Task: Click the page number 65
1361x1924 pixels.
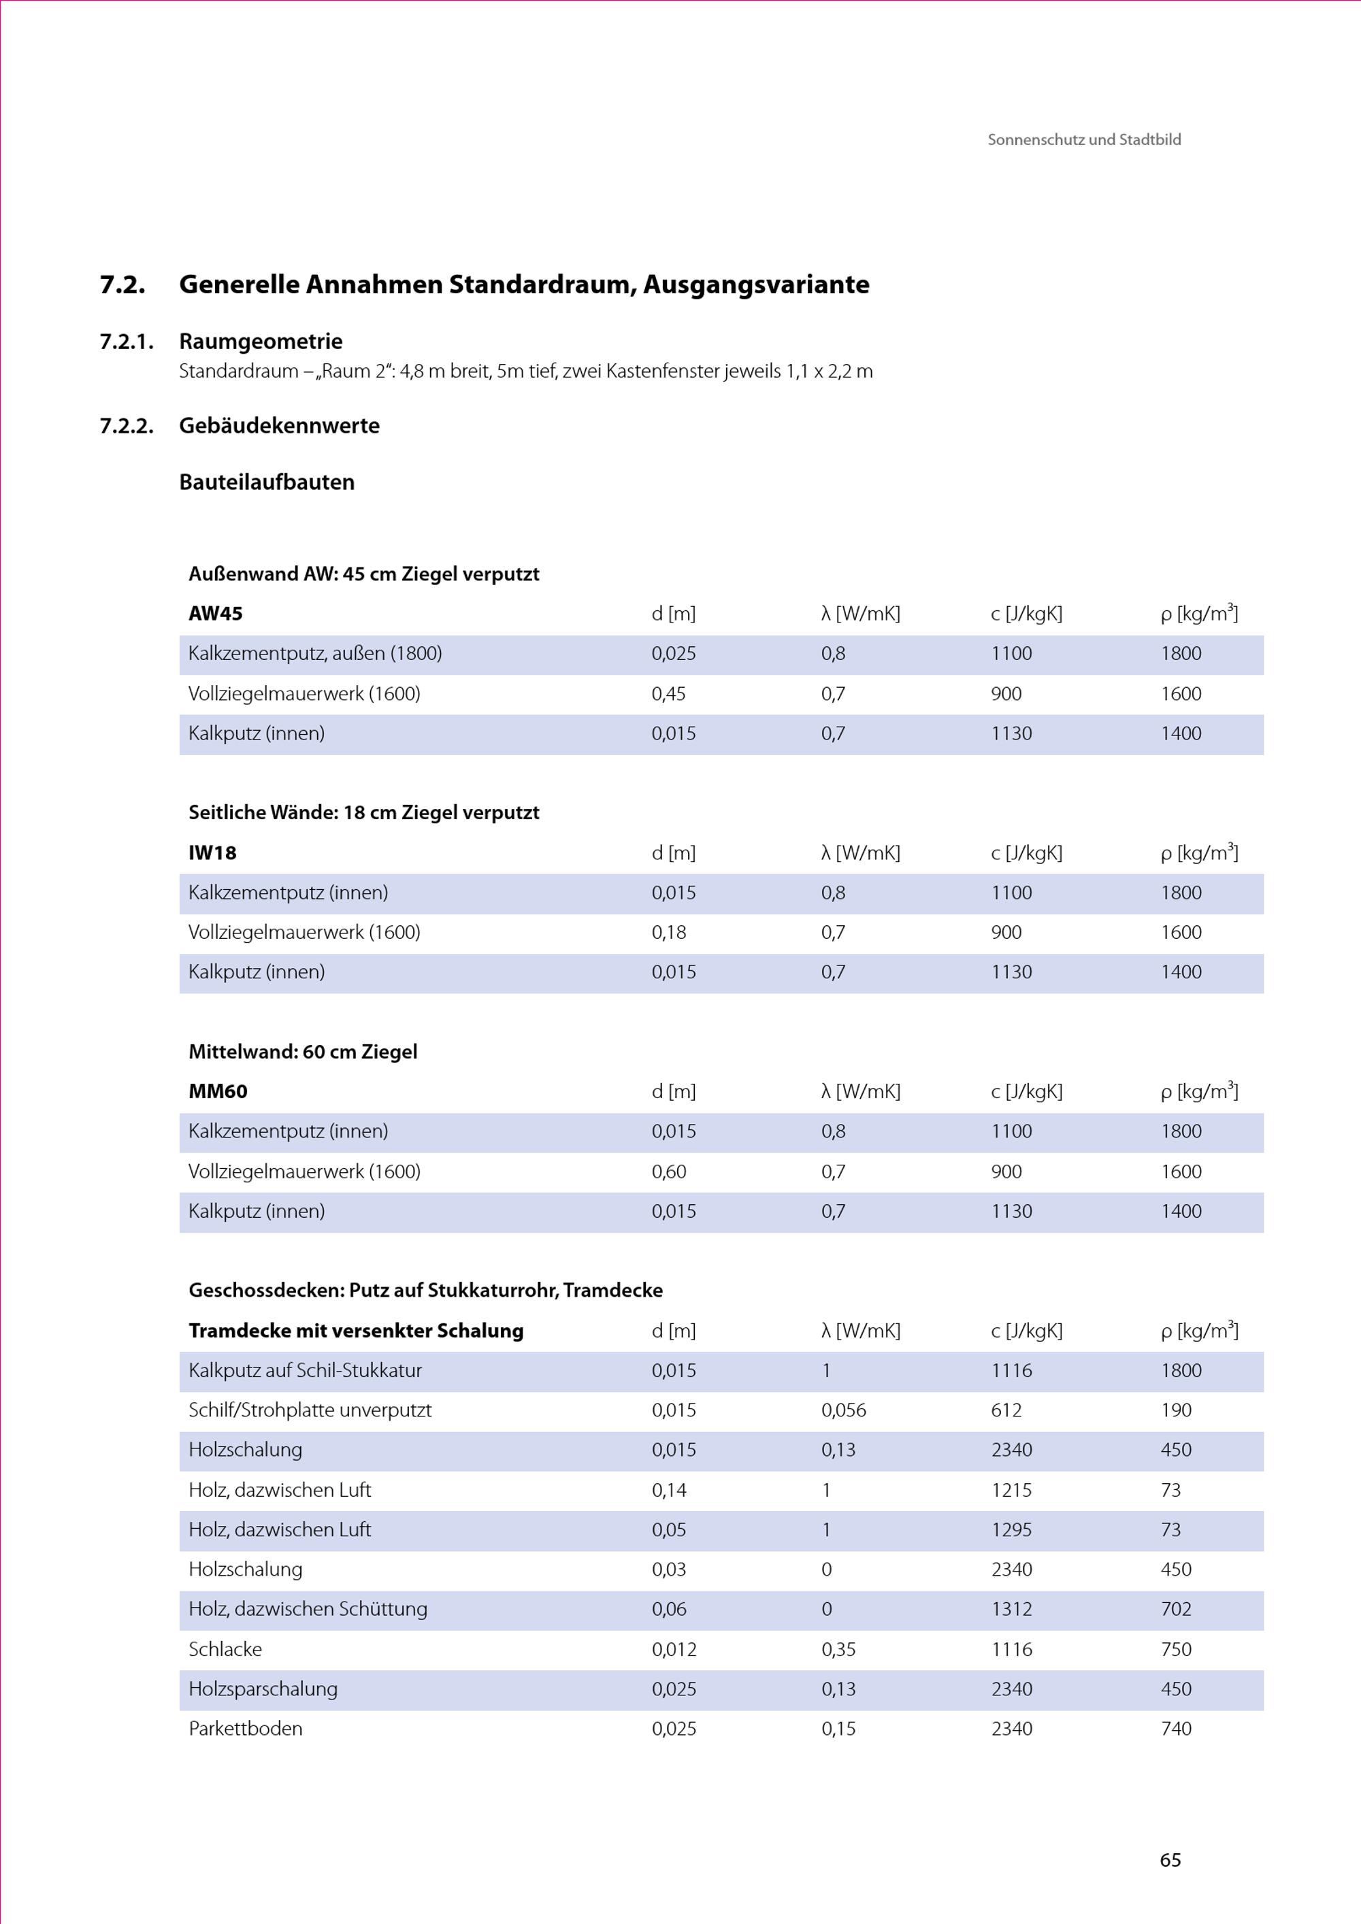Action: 1170,1859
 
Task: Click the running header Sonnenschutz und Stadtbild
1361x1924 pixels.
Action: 1083,140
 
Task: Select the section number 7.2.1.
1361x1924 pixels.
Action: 127,342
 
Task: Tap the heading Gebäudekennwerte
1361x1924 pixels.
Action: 279,426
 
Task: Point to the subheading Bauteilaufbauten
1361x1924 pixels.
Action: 267,482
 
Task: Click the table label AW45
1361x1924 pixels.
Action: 216,614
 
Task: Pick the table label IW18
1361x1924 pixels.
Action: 212,853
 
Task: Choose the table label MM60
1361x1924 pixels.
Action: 218,1091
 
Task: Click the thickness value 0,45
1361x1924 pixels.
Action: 668,694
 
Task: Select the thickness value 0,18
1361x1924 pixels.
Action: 668,932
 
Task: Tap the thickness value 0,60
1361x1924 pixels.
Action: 668,1172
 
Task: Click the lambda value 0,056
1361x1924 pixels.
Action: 843,1410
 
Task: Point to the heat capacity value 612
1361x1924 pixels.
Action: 1006,1410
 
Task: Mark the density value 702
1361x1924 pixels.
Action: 1176,1609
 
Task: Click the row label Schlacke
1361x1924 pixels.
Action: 225,1649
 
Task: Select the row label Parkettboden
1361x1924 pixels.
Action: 245,1729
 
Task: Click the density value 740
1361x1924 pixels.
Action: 1176,1729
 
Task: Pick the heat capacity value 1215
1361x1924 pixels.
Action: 1011,1490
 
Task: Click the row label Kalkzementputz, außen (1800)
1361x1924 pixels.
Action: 314,654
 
